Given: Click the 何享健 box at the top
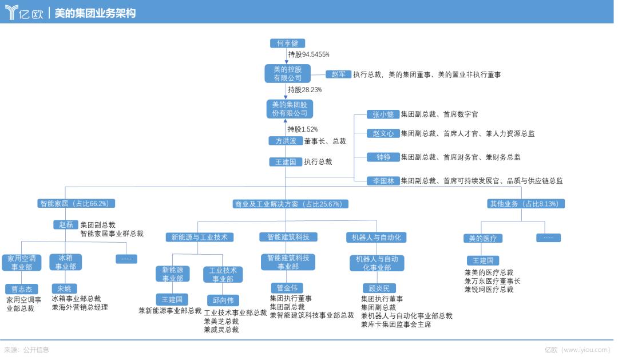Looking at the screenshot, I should [x=287, y=43].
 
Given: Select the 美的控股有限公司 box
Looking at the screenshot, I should [x=287, y=73].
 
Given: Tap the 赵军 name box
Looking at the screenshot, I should [x=338, y=74].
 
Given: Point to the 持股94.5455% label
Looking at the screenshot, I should [x=308, y=55].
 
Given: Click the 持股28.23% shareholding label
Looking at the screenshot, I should [x=304, y=90].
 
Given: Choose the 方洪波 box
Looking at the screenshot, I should [x=286, y=141].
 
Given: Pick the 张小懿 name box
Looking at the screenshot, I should [x=383, y=114].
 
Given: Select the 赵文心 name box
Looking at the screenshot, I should [x=383, y=133].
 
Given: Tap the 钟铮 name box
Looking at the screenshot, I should [x=383, y=157].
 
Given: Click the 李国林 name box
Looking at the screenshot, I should [x=383, y=181].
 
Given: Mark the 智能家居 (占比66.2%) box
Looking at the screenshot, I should [x=77, y=203].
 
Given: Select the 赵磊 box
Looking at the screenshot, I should [x=65, y=224].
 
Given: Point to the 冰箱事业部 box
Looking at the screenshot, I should [x=66, y=262].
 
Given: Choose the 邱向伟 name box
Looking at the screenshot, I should [x=223, y=300].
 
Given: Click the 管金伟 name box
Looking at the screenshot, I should [x=287, y=288].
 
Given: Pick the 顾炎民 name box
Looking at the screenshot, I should [x=379, y=288].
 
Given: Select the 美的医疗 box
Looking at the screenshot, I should [x=482, y=238].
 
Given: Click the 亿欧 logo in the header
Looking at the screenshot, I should [x=24, y=13].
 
